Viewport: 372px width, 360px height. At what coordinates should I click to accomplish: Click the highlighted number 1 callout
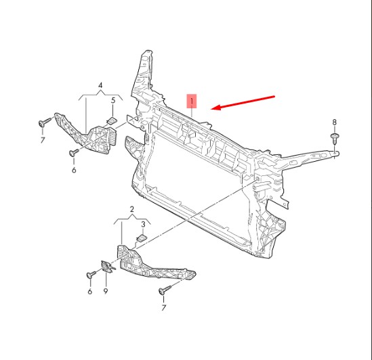[x=192, y=102]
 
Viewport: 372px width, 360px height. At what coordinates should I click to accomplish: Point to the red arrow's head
[x=216, y=107]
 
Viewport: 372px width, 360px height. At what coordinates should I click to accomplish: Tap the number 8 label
[x=334, y=122]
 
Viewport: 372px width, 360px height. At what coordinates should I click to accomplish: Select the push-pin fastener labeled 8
[x=335, y=139]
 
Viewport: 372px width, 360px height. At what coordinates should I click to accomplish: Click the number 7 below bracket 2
[x=164, y=308]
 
